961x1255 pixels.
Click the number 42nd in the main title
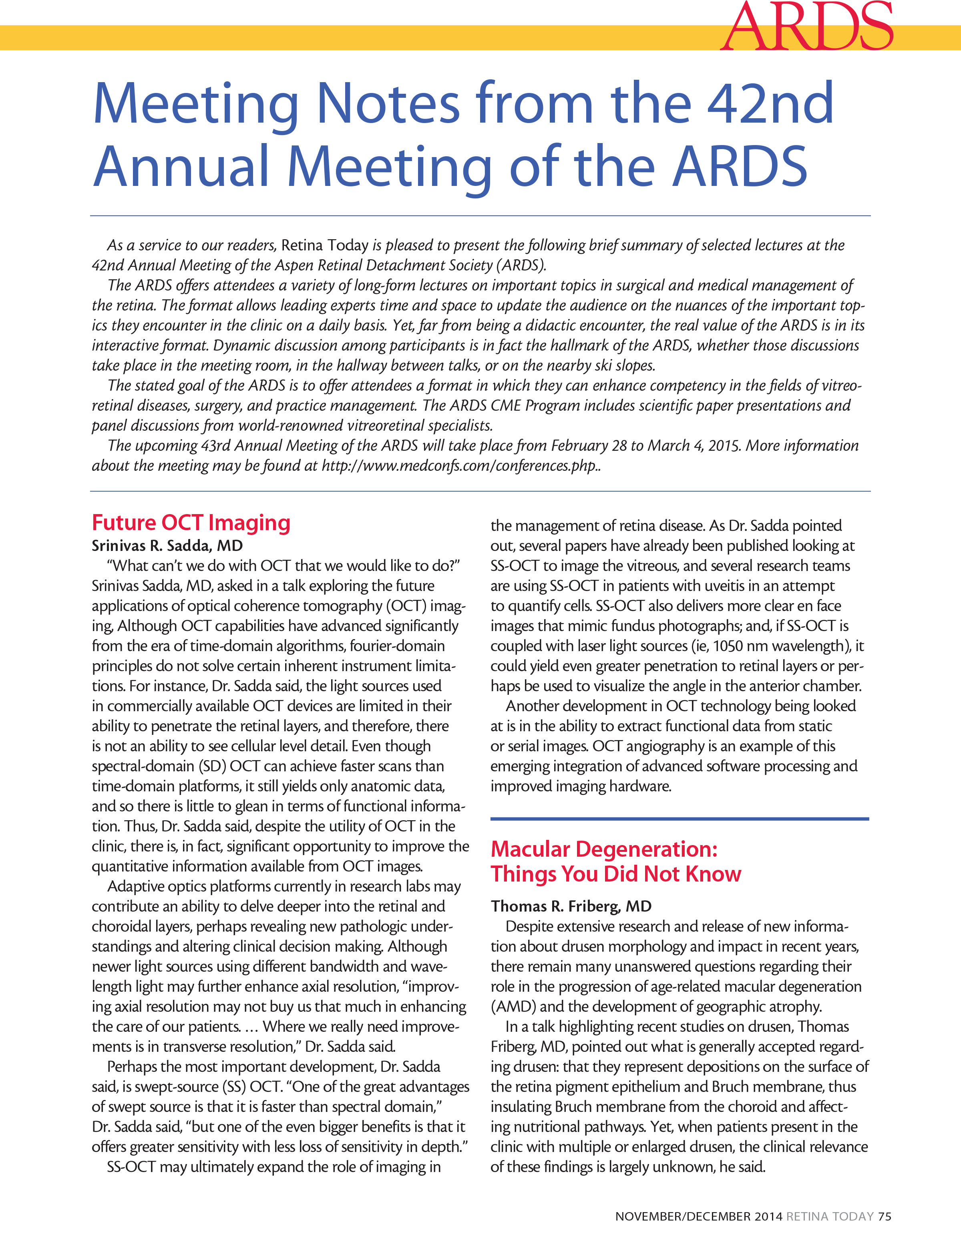coord(770,104)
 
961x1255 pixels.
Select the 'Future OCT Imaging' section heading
coord(191,523)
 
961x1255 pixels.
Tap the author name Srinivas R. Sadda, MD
coord(167,545)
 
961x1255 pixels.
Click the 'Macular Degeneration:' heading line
coord(603,849)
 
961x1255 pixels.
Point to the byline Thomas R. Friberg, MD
coord(571,906)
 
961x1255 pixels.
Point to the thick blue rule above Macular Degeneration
coord(679,819)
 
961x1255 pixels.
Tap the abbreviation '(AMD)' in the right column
coord(513,1007)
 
